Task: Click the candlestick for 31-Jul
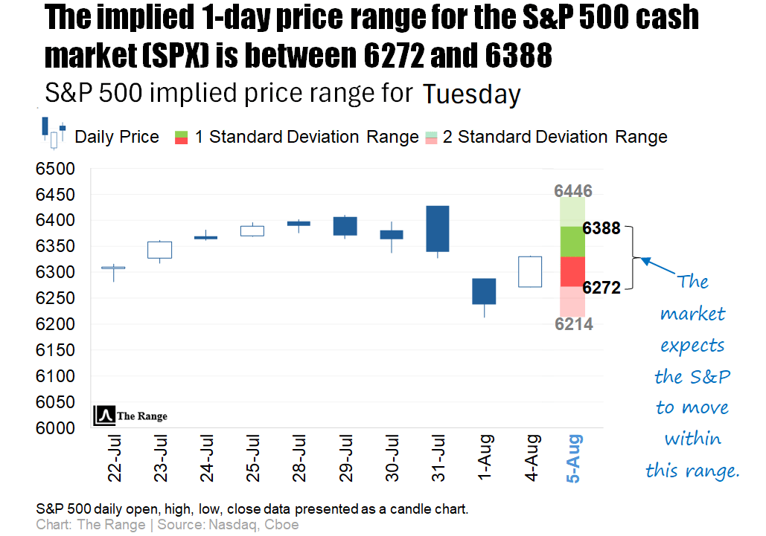pos(438,229)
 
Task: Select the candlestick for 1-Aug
pos(484,291)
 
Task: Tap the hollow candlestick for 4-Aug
pos(530,271)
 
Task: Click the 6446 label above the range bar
pos(573,192)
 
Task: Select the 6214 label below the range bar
pos(573,324)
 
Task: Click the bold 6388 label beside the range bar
pos(601,228)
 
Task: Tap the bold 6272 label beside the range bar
pos(601,288)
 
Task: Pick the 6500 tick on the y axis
pos(55,169)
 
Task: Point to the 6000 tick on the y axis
pos(55,428)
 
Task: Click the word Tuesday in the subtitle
pos(471,95)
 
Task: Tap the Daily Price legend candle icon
pos(54,132)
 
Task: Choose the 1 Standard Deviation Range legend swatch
pos(181,137)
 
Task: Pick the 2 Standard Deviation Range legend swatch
pos(432,137)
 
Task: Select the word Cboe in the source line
pos(284,525)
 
